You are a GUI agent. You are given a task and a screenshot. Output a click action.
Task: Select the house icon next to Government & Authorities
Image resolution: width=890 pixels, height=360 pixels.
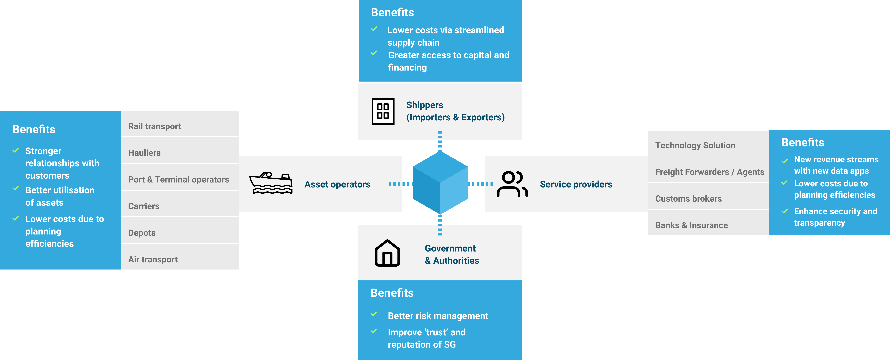tap(387, 253)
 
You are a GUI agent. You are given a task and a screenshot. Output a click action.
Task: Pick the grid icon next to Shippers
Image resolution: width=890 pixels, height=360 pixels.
tap(383, 111)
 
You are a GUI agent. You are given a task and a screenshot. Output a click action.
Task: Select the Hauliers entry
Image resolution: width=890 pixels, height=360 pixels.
tap(144, 153)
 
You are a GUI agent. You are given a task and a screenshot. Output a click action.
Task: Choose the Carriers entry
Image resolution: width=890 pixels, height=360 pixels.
tap(144, 206)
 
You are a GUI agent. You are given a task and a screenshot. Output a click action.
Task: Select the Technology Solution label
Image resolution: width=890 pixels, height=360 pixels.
tap(695, 145)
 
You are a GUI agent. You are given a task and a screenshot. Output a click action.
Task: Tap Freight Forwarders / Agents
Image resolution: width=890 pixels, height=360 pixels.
tap(710, 172)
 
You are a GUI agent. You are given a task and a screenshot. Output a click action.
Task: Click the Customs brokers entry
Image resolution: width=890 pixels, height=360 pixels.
tap(688, 199)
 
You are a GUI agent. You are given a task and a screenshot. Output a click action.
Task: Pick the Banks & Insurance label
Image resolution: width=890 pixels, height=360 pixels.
tap(691, 225)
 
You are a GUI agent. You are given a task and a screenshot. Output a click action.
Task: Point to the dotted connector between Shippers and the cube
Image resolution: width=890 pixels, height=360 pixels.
tap(440, 141)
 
